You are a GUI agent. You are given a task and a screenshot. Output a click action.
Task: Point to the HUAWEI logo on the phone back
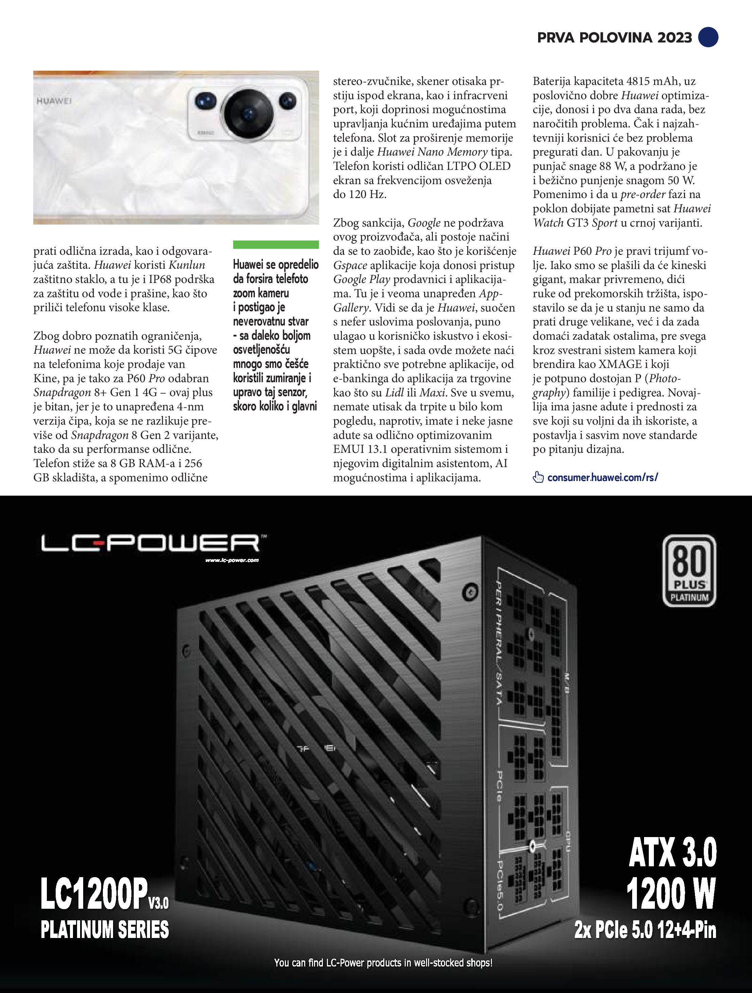[x=54, y=101]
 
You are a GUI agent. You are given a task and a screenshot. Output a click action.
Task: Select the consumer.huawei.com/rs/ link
[x=602, y=477]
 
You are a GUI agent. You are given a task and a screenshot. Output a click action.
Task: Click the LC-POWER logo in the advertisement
[x=150, y=543]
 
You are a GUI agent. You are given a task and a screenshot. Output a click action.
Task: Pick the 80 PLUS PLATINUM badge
[x=689, y=571]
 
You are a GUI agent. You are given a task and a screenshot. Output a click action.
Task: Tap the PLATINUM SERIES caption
[x=105, y=929]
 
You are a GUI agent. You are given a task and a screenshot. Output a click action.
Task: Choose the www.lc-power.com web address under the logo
[x=232, y=560]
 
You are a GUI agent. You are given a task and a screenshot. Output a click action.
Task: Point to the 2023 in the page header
[x=675, y=37]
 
